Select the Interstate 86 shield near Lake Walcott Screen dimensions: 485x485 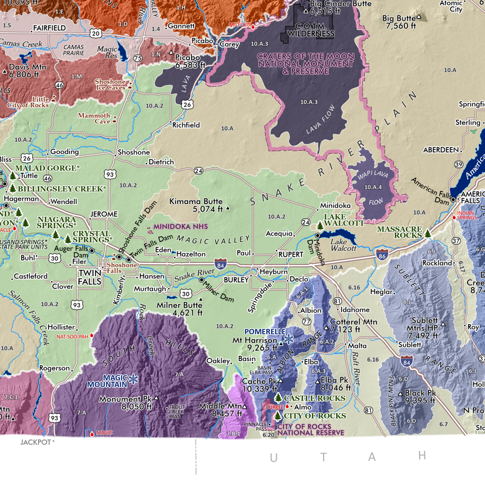click(383, 255)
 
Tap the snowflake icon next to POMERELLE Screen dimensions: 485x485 click(288, 337)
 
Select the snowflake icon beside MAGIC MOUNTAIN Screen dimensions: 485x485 click(133, 379)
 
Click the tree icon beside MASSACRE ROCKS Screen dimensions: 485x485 click(428, 232)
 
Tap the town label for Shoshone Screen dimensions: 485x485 click(134, 152)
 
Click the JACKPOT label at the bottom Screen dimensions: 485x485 click(36, 442)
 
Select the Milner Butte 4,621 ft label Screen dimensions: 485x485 click(179, 309)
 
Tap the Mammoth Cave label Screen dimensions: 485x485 click(94, 118)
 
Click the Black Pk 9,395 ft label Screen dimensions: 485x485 click(420, 397)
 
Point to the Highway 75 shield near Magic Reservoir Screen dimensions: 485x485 click(138, 59)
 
